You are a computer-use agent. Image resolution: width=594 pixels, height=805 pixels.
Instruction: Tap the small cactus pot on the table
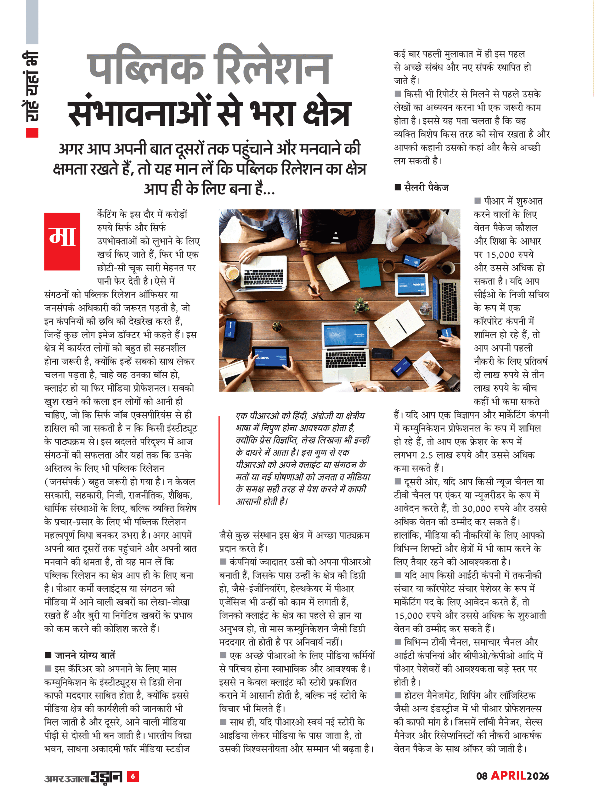[x=276, y=326]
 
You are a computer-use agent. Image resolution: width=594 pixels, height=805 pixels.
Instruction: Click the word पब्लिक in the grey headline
[x=146, y=68]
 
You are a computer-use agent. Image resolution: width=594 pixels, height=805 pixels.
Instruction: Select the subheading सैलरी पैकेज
[x=427, y=187]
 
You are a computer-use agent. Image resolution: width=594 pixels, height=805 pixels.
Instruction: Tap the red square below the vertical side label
[x=32, y=133]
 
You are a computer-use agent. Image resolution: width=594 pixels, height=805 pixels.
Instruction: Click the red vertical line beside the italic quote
[x=219, y=460]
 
